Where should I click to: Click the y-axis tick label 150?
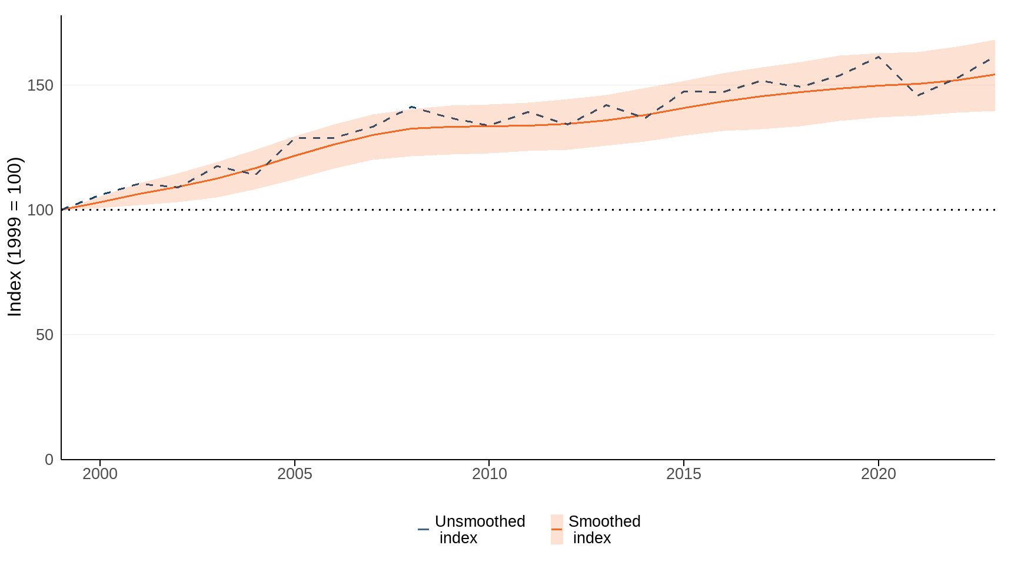point(40,85)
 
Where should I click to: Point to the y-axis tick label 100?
point(40,210)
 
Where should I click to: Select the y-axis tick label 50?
point(44,335)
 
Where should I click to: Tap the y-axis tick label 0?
point(49,460)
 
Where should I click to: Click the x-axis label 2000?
point(100,474)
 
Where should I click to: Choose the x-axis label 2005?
point(294,474)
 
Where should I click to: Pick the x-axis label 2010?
point(489,474)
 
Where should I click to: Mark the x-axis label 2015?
point(683,474)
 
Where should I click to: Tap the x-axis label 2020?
point(878,474)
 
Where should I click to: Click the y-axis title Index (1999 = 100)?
point(15,237)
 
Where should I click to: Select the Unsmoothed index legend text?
point(479,530)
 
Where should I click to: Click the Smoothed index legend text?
point(604,530)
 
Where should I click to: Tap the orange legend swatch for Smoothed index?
point(557,529)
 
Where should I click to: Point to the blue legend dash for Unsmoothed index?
point(423,529)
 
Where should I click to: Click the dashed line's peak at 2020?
point(878,56)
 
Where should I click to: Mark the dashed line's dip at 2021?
point(917,96)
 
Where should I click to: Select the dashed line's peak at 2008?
point(411,107)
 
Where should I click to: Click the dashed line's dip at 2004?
point(256,175)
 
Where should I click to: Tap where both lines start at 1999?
point(62,210)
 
